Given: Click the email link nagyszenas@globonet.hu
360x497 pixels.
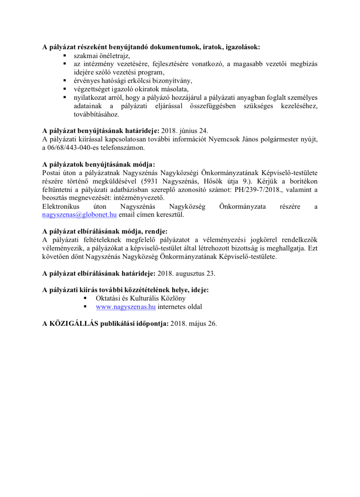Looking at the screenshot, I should click(x=79, y=214).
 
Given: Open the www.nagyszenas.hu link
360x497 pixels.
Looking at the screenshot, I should click(x=125, y=307).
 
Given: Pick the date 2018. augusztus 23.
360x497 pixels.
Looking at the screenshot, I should click(x=186, y=273).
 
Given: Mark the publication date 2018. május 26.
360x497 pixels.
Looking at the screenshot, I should click(x=194, y=324).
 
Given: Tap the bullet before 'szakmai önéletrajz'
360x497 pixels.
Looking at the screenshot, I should click(x=64, y=56).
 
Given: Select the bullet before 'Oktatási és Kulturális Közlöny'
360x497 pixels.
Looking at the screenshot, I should click(x=85, y=299).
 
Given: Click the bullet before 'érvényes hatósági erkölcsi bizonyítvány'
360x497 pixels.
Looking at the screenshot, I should click(x=64, y=81).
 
